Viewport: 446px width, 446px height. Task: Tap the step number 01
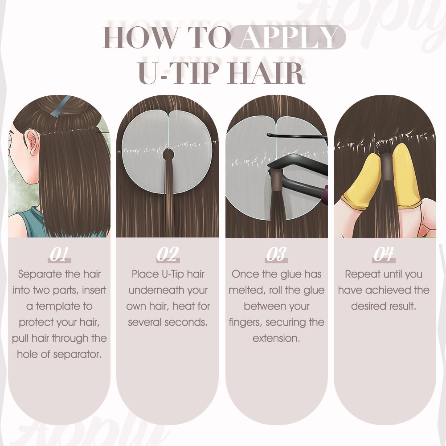(59, 254)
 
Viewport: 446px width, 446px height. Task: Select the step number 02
(168, 254)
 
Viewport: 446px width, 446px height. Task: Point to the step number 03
(276, 254)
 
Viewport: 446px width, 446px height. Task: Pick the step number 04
(384, 254)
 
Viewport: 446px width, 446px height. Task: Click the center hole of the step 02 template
(168, 155)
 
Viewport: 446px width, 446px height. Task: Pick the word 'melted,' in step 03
(246, 291)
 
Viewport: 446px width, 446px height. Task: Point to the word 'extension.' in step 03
(276, 339)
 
